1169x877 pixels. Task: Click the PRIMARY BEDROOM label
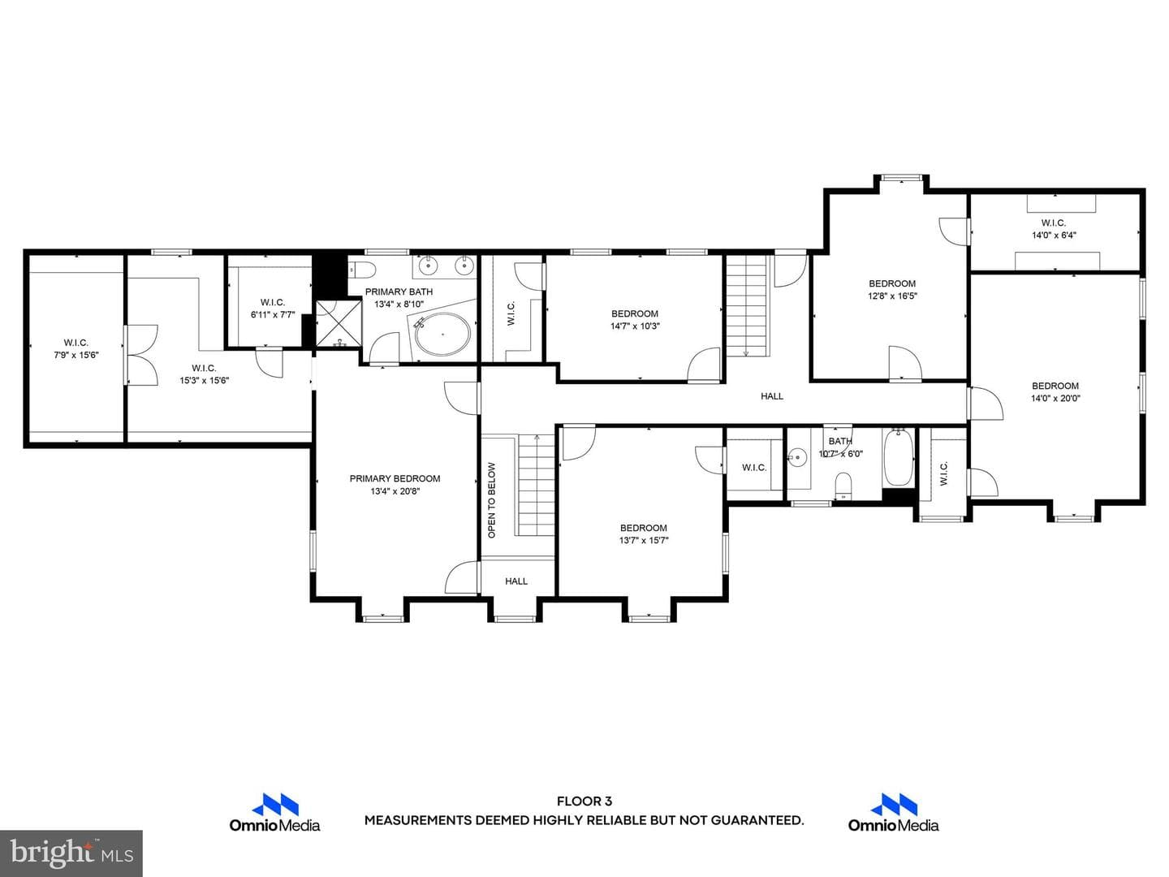[395, 479]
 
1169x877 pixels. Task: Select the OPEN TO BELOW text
[492, 500]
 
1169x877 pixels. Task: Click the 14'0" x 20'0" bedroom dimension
[1055, 398]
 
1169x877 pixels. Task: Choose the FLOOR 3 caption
[584, 801]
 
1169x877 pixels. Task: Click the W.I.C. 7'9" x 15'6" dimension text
[76, 355]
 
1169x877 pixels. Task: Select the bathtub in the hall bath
[898, 457]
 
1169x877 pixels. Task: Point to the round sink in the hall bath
[797, 457]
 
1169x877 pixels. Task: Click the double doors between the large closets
[141, 355]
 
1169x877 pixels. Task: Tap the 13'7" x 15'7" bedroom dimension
[643, 541]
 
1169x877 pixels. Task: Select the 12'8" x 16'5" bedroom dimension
[892, 296]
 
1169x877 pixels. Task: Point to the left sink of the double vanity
[428, 265]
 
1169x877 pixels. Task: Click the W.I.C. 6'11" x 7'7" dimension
[273, 315]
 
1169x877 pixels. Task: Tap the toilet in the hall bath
[843, 485]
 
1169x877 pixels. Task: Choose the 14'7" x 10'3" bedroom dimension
[635, 326]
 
